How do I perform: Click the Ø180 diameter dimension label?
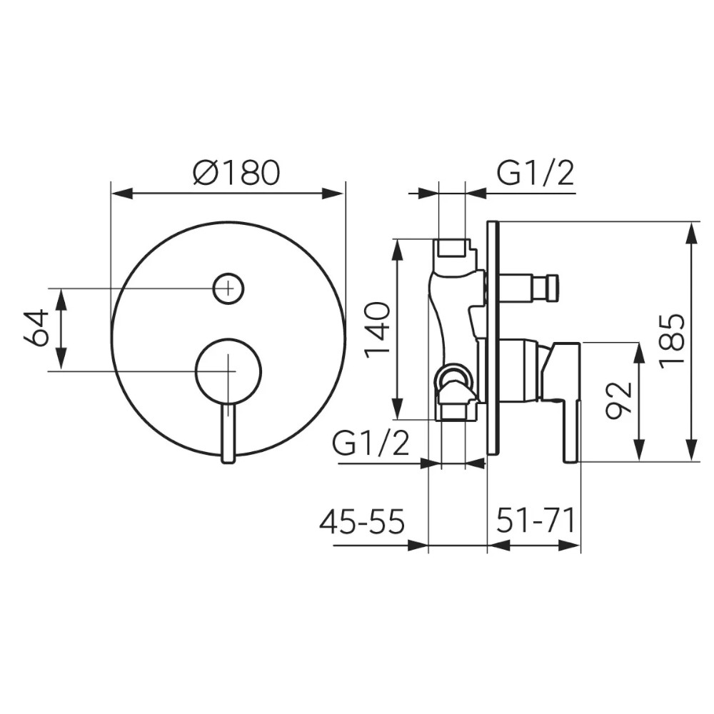point(236,173)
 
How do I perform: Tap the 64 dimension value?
point(36,328)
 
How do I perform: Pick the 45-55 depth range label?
point(361,521)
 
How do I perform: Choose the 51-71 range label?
point(535,521)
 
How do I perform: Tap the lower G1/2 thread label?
point(371,443)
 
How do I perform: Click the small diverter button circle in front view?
point(228,288)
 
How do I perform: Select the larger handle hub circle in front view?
point(228,371)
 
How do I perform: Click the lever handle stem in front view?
point(228,433)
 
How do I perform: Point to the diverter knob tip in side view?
point(553,288)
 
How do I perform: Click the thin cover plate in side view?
point(493,338)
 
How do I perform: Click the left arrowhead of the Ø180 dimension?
point(122,193)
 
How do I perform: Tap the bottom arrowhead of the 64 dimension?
point(61,360)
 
